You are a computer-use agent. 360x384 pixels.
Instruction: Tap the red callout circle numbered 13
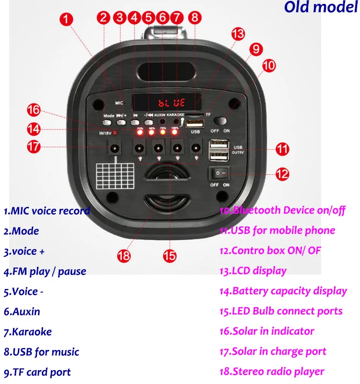238,34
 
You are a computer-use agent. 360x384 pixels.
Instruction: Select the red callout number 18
124,256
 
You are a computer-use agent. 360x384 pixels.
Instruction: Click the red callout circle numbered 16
34,110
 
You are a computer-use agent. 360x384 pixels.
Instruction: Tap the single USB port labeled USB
195,123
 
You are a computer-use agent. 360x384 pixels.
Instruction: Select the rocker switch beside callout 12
219,173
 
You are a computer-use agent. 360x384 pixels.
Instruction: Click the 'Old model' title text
320,8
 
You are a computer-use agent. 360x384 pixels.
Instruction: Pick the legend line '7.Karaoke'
28,332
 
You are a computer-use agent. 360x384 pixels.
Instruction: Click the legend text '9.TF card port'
37,372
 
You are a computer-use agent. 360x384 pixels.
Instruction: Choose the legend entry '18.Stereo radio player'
272,372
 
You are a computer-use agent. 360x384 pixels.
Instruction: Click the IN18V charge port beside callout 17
115,147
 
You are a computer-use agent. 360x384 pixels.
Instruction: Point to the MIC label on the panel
120,103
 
